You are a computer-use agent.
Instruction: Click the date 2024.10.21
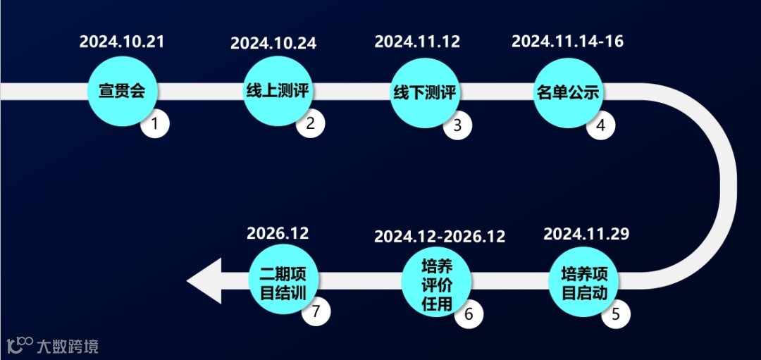[x=122, y=41]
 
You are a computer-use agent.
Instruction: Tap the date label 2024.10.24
[x=273, y=43]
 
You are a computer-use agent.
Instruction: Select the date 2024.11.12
[x=417, y=41]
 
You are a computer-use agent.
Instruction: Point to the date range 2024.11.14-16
[x=567, y=41]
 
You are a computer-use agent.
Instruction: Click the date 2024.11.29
[x=586, y=234]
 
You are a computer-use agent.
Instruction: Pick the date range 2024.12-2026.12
[x=440, y=236]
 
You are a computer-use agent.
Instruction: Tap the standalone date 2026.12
[x=278, y=232]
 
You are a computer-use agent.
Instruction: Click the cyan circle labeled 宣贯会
[x=122, y=92]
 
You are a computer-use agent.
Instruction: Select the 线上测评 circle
[x=278, y=92]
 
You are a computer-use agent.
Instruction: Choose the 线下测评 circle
[x=424, y=92]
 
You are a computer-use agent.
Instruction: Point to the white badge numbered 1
[x=156, y=125]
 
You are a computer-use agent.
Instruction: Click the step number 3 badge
[x=457, y=126]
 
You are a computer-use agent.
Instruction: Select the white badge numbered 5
[x=616, y=314]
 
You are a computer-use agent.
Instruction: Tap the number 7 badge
[x=316, y=311]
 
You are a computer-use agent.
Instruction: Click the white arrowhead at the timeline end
[x=205, y=281]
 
